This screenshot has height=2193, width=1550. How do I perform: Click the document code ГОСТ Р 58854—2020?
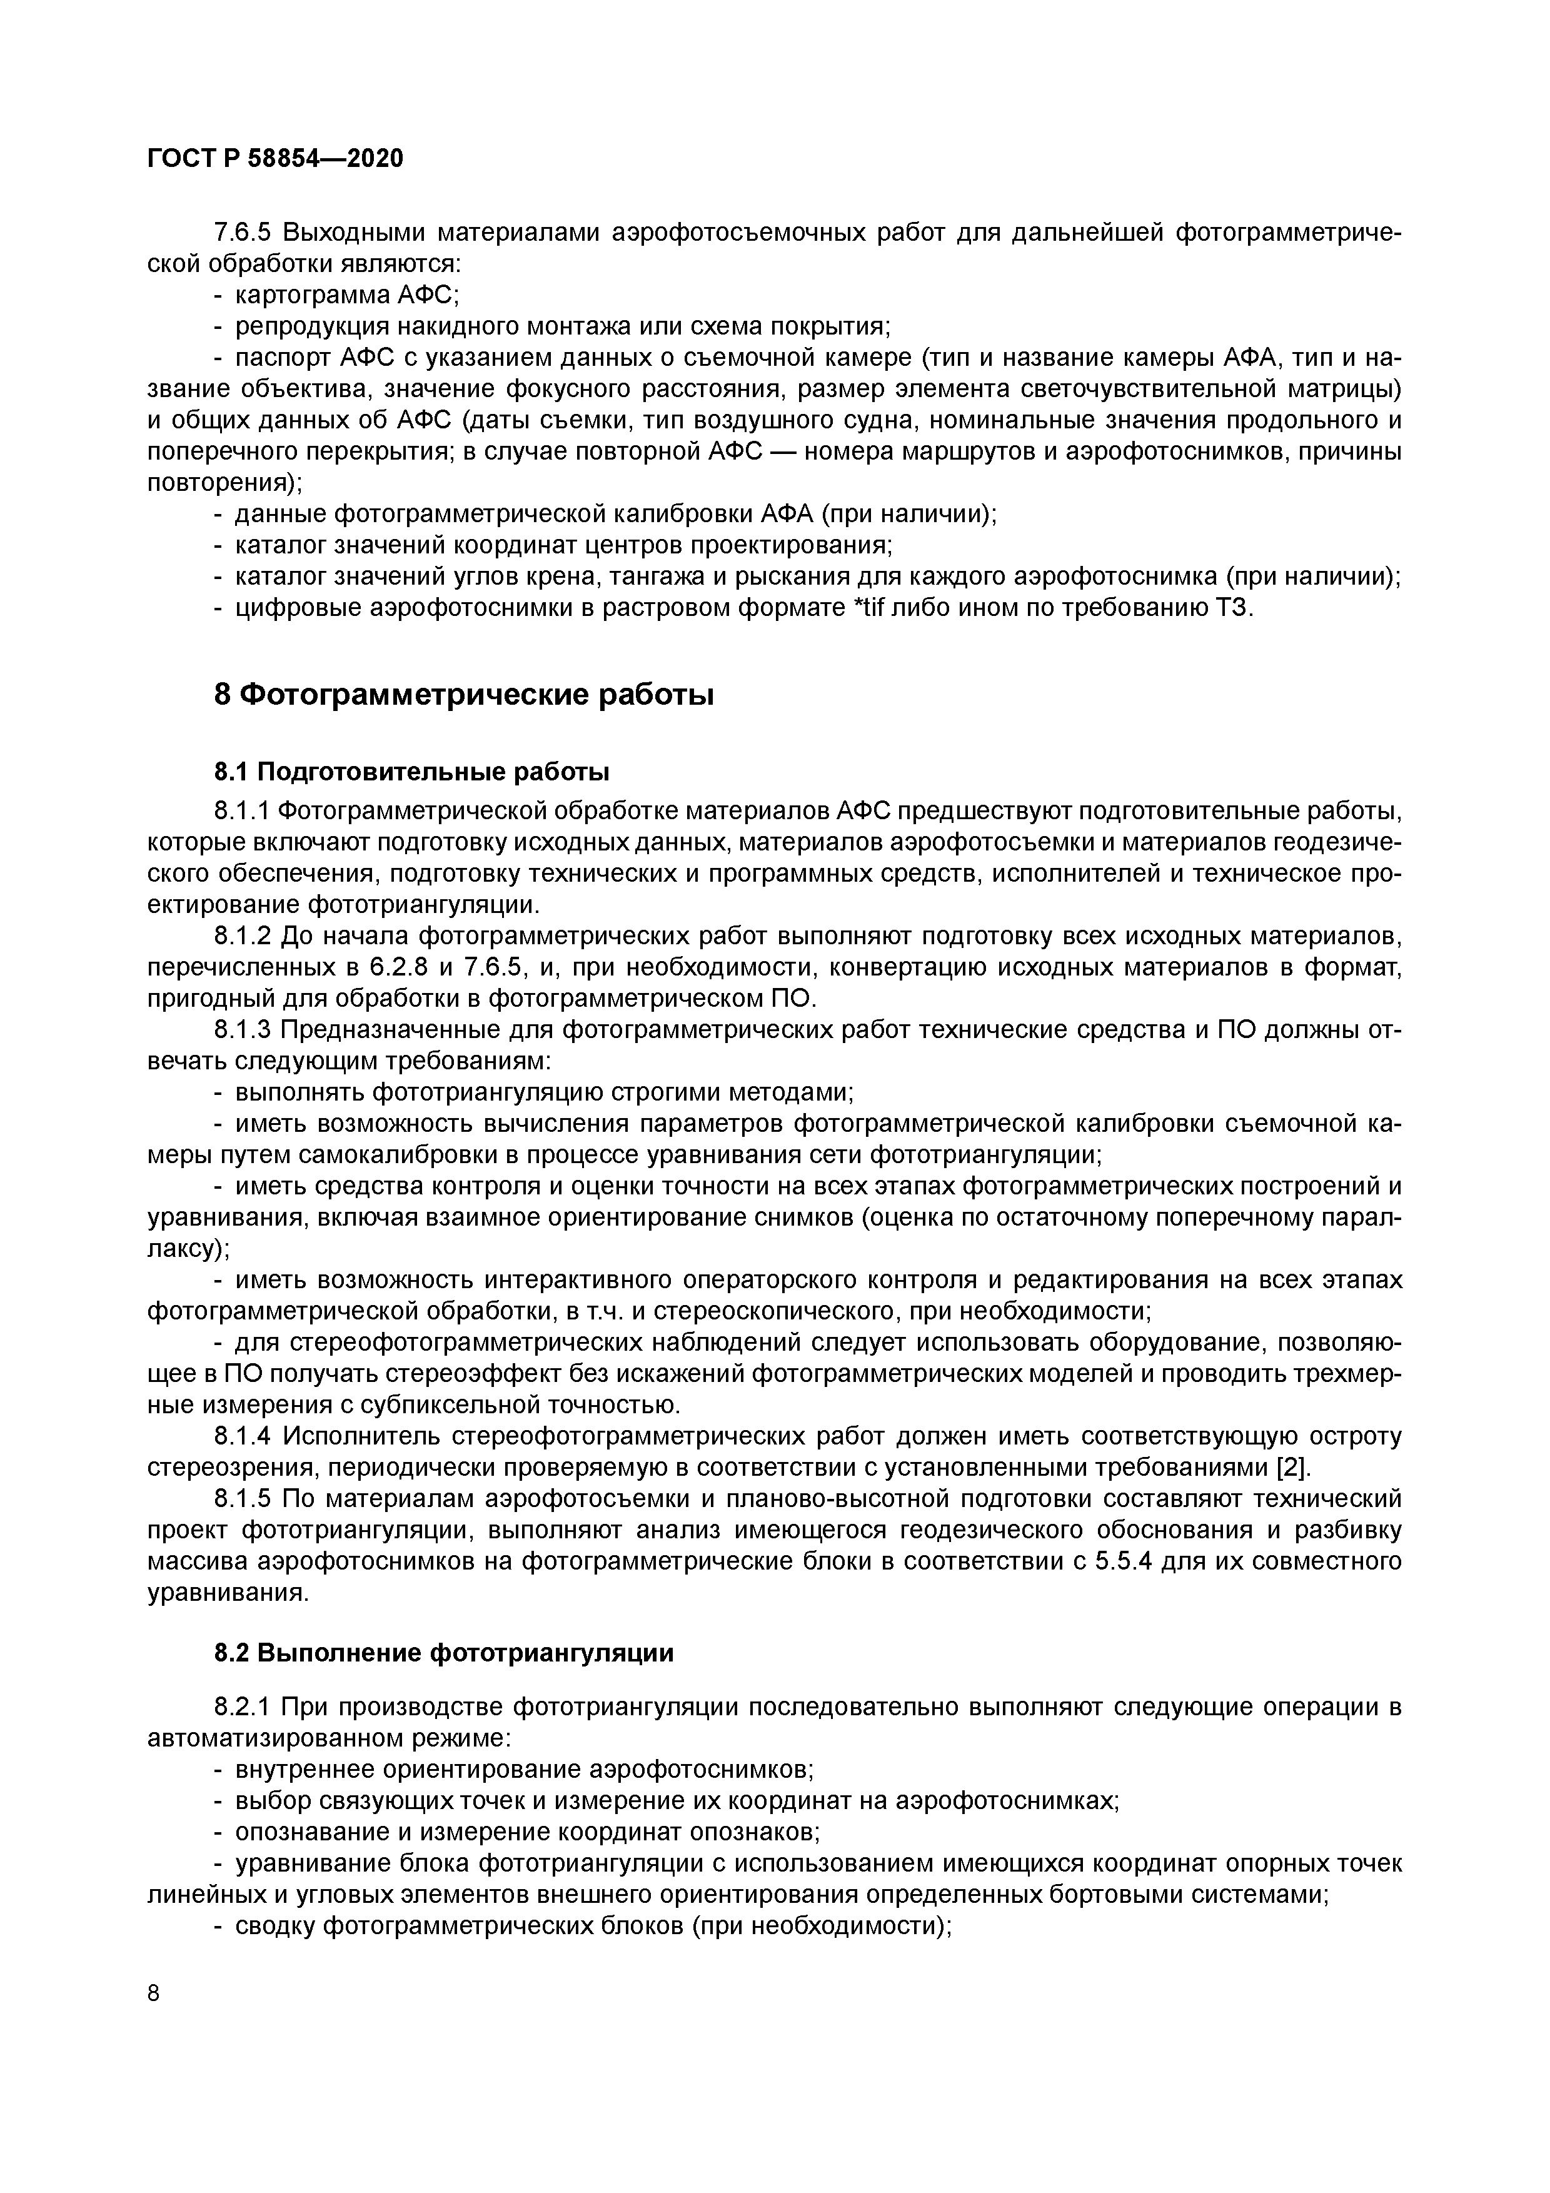coord(276,159)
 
